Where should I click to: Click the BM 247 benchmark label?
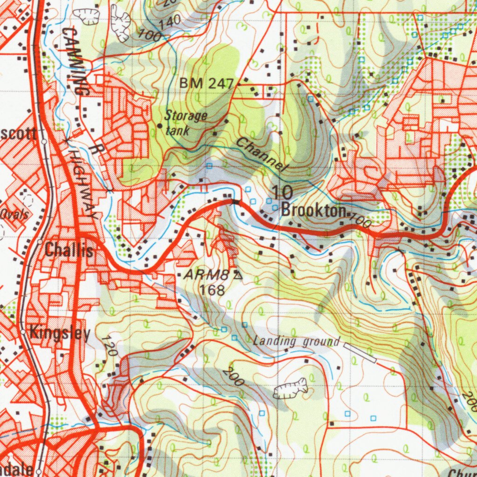pyautogui.click(x=206, y=84)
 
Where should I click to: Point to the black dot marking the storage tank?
pyautogui.click(x=160, y=126)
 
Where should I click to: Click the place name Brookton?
pyautogui.click(x=313, y=211)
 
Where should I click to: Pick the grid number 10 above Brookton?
pyautogui.click(x=281, y=192)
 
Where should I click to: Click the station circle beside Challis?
pyautogui.click(x=40, y=242)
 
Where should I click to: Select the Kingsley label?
pyautogui.click(x=60, y=334)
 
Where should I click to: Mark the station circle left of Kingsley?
pyautogui.click(x=23, y=332)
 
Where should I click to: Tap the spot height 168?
pyautogui.click(x=212, y=290)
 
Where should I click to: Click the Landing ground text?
pyautogui.click(x=296, y=341)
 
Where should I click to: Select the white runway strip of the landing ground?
pyautogui.click(x=360, y=352)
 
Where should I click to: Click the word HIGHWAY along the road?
pyautogui.click(x=82, y=184)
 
